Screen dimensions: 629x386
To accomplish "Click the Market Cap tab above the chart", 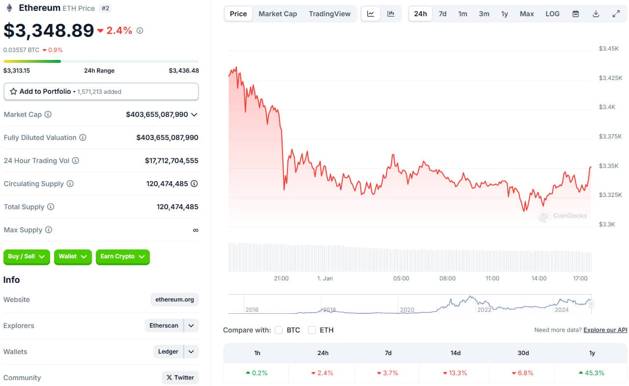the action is [278, 14].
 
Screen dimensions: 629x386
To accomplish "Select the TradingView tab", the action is [329, 14].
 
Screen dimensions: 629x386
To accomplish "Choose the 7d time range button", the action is [442, 14].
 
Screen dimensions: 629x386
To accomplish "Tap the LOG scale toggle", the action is [552, 14].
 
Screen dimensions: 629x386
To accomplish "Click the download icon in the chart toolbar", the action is [596, 14].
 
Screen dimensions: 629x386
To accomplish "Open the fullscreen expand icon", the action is [616, 14].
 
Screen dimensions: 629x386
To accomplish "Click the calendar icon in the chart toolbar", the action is [575, 14].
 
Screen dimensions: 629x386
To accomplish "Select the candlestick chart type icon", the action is [391, 14].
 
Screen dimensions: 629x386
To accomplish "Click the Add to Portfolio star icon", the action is [13, 91].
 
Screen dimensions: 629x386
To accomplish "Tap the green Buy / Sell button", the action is [27, 257].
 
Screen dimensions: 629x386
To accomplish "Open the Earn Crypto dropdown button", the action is [123, 257].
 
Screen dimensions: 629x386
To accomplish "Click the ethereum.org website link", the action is [174, 300].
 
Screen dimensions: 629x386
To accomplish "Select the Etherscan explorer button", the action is [164, 326].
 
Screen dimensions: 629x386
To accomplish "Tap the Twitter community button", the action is [180, 378].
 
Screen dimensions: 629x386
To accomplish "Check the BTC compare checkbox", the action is [279, 330].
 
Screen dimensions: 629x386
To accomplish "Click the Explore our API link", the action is [605, 330].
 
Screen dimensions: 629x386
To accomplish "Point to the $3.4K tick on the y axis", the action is [607, 107].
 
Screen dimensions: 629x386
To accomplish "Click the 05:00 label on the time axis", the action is [401, 278].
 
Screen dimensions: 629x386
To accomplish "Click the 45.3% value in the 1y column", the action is [594, 373].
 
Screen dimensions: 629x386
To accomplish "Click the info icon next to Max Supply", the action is [49, 230].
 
